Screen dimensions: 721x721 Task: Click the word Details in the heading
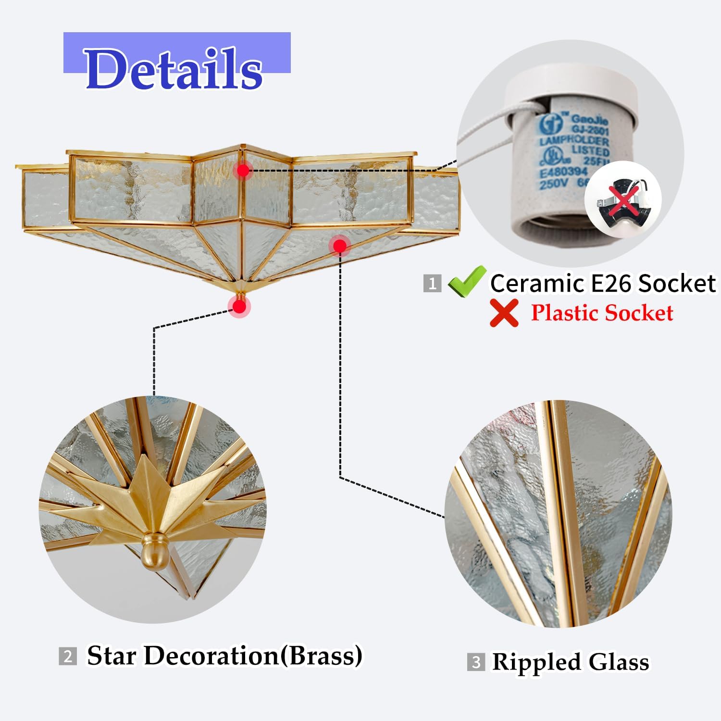tap(174, 69)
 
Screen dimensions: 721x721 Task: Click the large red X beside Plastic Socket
tap(504, 313)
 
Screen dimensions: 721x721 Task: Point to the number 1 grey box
tap(432, 283)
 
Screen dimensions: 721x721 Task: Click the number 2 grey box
tap(68, 656)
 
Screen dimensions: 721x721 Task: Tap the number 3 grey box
tap(476, 662)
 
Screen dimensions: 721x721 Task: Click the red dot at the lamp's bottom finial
tap(239, 307)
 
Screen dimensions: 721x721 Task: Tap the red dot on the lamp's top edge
tap(243, 170)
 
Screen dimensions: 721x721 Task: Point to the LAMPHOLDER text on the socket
tap(574, 140)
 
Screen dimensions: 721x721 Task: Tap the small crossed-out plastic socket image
tap(623, 199)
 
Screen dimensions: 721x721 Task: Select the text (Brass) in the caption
tap(321, 656)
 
